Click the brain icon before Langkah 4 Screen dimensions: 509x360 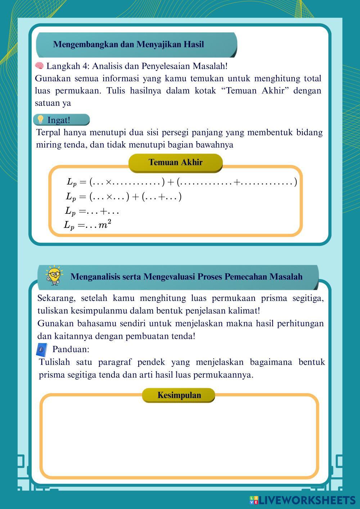[39, 66]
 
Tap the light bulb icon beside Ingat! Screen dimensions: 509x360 [41, 120]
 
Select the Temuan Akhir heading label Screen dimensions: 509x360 [175, 162]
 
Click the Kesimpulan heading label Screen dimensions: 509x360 [179, 395]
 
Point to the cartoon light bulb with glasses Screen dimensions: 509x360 [54, 276]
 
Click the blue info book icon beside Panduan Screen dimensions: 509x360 [42, 349]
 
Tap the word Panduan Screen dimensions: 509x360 [70, 349]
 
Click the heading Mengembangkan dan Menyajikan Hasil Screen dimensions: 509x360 [128, 44]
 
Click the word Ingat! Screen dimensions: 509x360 [59, 120]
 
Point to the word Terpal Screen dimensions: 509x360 [49, 132]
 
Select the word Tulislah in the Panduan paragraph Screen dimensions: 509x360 [54, 362]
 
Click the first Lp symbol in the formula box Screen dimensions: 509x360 [72, 182]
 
